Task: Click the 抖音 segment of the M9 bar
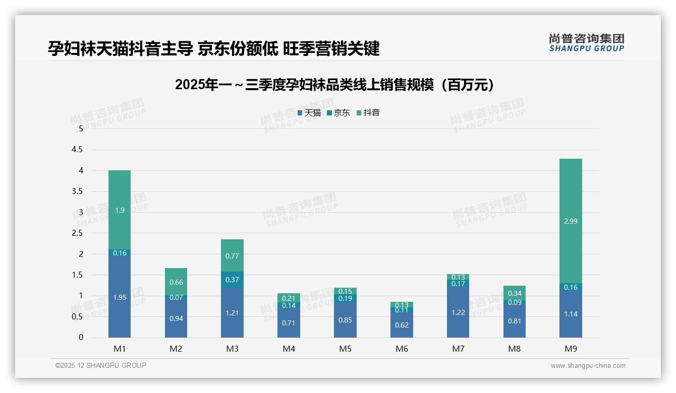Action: point(571,221)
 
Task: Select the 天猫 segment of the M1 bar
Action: point(120,297)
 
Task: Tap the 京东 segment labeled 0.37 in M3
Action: point(232,280)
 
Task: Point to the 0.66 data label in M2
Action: point(176,282)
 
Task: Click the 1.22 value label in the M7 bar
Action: point(458,313)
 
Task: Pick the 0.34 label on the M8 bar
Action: point(515,293)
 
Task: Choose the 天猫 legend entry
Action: point(309,113)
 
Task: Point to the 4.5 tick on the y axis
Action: point(77,150)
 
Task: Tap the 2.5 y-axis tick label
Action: point(77,233)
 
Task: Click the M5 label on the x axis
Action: point(345,349)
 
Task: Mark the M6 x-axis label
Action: point(402,349)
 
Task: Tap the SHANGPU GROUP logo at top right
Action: point(586,43)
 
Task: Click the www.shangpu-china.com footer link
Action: point(588,366)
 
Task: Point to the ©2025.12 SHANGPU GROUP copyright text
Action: point(101,366)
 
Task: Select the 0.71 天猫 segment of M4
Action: point(289,323)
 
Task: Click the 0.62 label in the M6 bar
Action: point(402,325)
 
